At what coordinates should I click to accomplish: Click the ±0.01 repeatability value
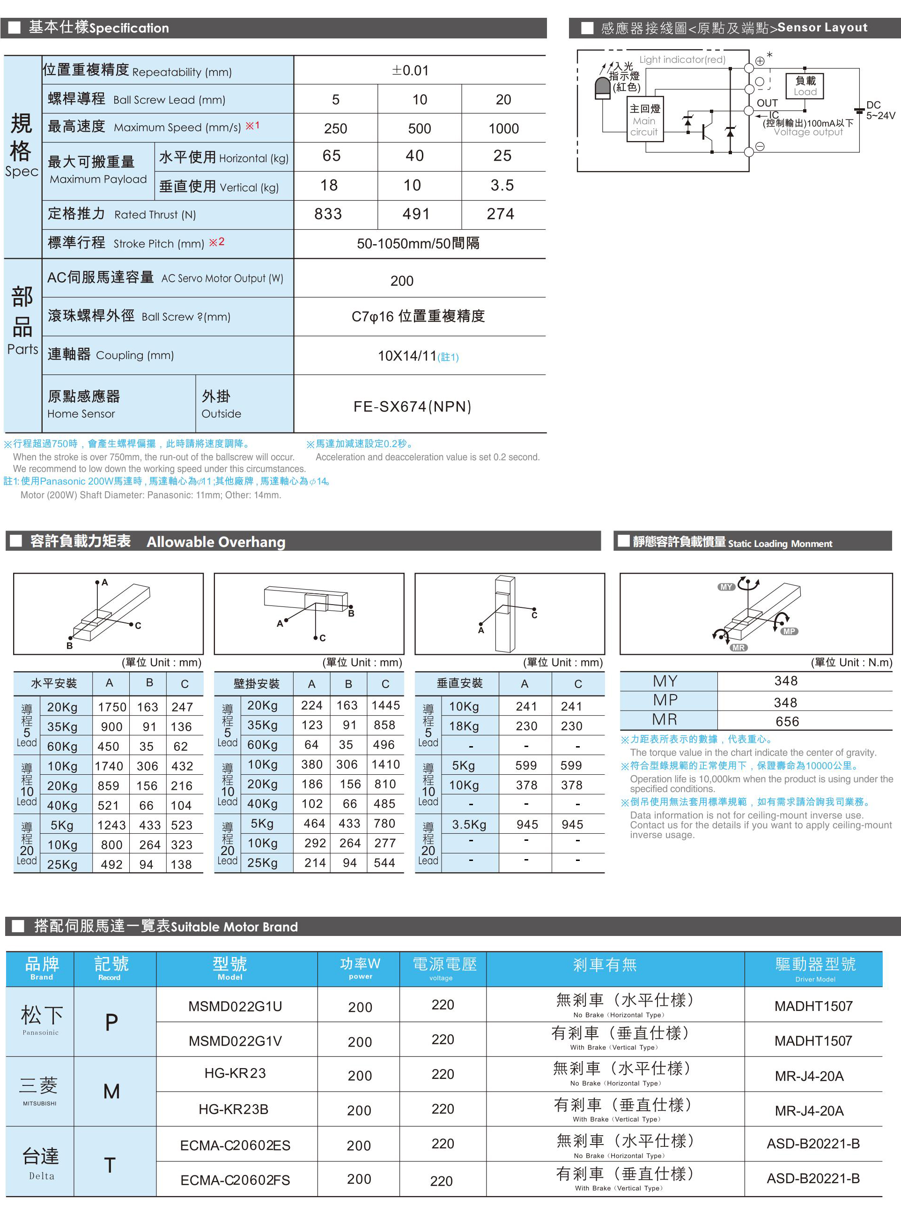(x=410, y=70)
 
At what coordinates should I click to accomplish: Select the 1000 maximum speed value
(x=503, y=129)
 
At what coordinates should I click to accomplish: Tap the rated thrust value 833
(x=328, y=214)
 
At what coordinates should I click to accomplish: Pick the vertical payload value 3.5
(x=502, y=186)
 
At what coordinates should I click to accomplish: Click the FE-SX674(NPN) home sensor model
(x=412, y=407)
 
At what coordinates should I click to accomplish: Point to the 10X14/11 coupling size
(x=407, y=356)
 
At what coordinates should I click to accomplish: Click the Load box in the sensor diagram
(x=805, y=86)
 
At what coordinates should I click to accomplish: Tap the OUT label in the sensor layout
(x=767, y=103)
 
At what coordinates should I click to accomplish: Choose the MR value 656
(x=787, y=722)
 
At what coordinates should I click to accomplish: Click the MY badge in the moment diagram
(x=726, y=587)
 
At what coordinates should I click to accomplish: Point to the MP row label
(x=665, y=700)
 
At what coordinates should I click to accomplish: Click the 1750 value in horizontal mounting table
(x=112, y=707)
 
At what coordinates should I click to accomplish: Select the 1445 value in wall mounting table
(x=385, y=705)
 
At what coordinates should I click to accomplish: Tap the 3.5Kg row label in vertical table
(x=469, y=824)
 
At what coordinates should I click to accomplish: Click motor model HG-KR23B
(x=233, y=1108)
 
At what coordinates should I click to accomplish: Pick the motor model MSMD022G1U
(x=235, y=1006)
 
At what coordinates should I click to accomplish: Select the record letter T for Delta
(x=110, y=1165)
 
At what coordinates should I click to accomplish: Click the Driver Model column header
(x=815, y=969)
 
